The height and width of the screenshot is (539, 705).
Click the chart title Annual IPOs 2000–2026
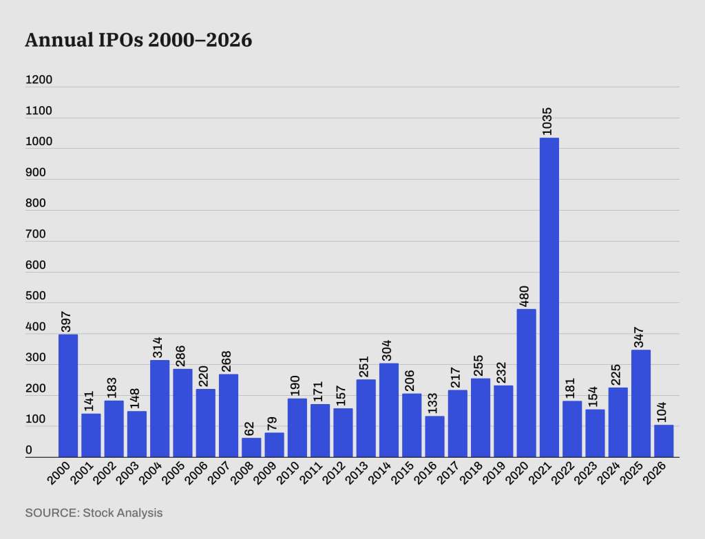tap(138, 41)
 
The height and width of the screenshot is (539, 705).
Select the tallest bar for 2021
tap(549, 296)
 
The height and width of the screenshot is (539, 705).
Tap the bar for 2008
tap(251, 447)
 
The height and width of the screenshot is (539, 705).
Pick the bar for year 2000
tap(68, 396)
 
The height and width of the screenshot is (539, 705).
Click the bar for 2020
tap(526, 383)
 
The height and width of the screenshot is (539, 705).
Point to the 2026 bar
tap(664, 441)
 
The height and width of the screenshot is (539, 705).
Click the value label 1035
tap(549, 121)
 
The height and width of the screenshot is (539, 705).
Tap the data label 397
tap(67, 321)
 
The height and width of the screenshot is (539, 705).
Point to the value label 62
tap(251, 428)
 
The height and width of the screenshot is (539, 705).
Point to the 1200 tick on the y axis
tap(39, 80)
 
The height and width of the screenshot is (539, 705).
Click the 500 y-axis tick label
tap(35, 296)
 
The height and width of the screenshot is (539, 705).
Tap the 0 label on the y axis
tap(29, 450)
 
